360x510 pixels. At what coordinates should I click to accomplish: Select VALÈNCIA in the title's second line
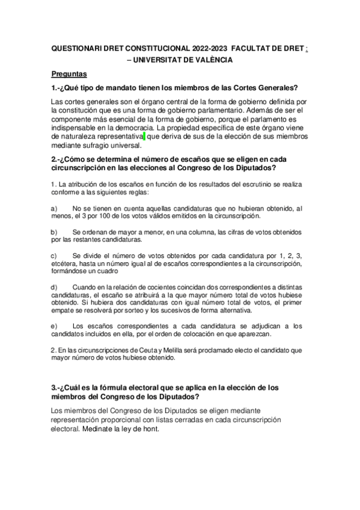(x=212, y=60)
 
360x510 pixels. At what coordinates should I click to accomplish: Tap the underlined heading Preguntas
(x=70, y=74)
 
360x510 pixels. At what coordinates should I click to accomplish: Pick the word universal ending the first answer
(x=124, y=145)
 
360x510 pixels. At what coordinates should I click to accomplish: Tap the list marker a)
(x=54, y=207)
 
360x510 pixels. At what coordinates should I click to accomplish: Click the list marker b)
(x=54, y=232)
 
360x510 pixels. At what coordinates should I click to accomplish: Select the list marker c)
(x=54, y=256)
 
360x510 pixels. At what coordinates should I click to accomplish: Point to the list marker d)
(x=54, y=287)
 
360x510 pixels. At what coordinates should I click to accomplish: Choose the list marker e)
(x=54, y=326)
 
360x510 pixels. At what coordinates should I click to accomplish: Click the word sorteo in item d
(x=168, y=310)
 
